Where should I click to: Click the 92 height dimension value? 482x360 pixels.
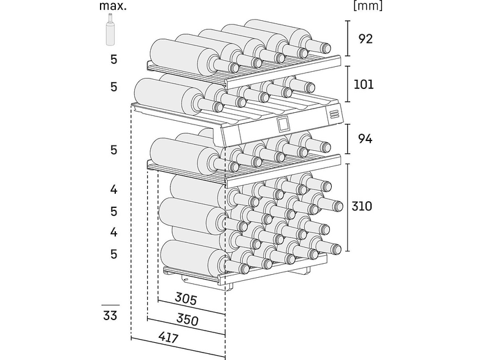[365, 39]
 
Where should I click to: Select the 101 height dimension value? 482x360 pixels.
[364, 84]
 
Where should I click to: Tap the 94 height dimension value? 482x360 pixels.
[365, 139]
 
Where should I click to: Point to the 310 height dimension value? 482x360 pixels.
[362, 206]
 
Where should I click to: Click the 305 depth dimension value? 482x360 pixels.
[186, 299]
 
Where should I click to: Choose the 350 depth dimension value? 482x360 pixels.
[187, 320]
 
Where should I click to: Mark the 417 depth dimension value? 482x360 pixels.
[168, 337]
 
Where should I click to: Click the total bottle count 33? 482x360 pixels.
[110, 316]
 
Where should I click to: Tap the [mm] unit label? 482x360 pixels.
[368, 6]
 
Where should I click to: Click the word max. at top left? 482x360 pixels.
[113, 6]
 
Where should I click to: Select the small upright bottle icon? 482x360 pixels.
[110, 30]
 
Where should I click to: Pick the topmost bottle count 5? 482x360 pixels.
[114, 59]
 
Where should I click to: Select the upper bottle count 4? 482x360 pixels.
[113, 190]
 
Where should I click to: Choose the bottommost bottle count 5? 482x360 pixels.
[114, 254]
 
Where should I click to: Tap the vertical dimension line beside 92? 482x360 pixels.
[348, 39]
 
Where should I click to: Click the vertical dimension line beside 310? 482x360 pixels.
[348, 207]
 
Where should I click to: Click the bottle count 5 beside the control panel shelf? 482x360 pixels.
[114, 87]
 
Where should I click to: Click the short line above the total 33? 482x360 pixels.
[110, 305]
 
